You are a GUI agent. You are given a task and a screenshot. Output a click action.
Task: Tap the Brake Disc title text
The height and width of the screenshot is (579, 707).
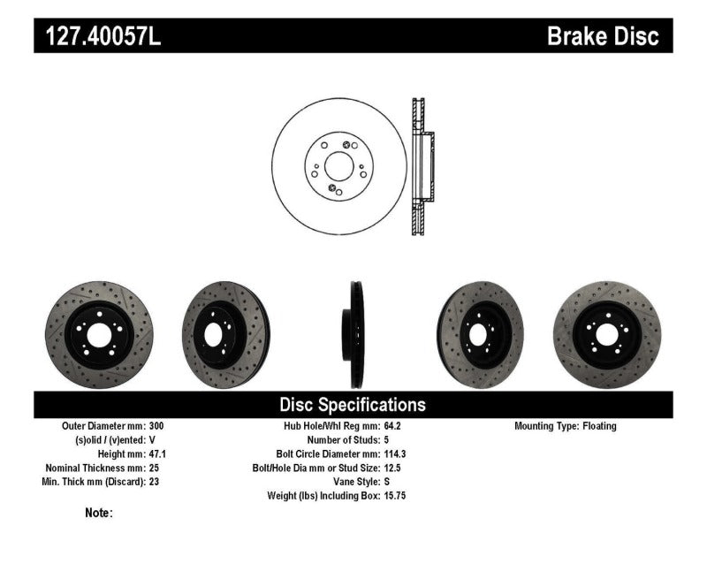[603, 36]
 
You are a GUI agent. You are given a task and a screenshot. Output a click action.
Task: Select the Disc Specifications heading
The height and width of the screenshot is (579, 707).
[353, 405]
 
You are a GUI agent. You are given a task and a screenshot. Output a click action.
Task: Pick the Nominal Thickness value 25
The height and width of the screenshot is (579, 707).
[155, 468]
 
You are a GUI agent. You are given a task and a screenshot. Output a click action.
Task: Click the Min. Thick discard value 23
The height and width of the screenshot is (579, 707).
[155, 482]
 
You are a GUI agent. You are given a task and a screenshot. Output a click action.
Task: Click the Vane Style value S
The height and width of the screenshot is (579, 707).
[387, 482]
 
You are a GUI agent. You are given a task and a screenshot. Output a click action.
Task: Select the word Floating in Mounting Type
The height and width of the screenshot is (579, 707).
[599, 426]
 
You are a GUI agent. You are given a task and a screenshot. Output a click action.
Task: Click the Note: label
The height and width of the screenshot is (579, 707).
[99, 513]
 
